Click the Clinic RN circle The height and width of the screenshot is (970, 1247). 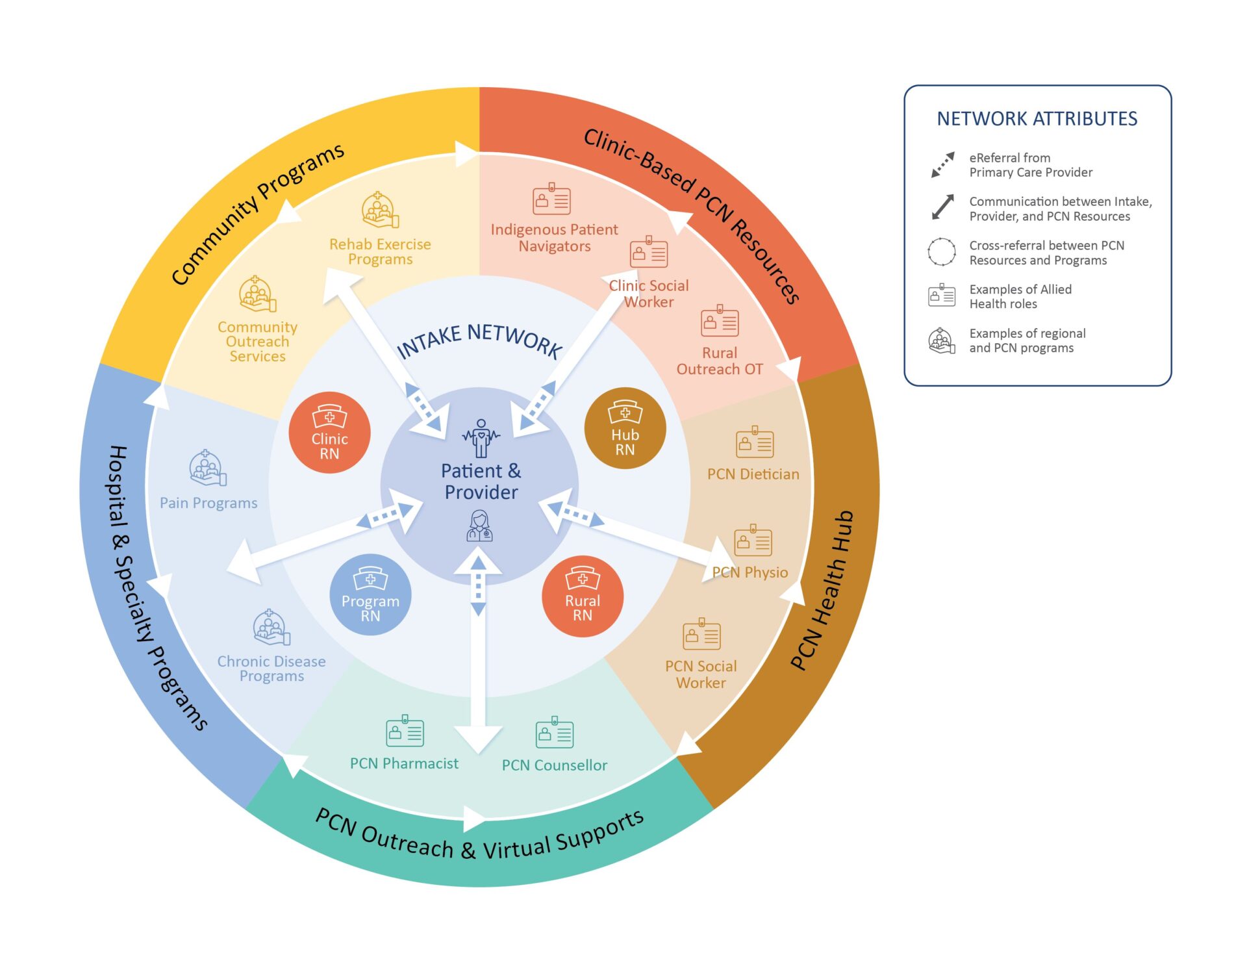point(329,433)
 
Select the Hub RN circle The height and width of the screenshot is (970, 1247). point(625,429)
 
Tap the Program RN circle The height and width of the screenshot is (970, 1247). point(370,594)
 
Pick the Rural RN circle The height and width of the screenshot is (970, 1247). point(582,596)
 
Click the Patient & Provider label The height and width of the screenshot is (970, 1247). point(481,481)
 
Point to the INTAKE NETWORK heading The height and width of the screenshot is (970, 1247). point(479,339)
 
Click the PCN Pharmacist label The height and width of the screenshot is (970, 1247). point(404,763)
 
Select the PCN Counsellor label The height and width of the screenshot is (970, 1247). point(554,765)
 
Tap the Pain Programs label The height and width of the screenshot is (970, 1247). point(208,503)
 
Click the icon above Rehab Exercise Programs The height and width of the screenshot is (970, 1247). point(380,210)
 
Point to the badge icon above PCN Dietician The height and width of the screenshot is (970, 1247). point(754,443)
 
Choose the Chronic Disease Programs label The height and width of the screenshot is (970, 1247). point(271,669)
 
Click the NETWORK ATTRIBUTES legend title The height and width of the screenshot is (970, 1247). point(1037,119)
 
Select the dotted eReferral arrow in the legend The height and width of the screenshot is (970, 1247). point(942,165)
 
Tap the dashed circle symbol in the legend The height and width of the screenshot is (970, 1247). point(941,252)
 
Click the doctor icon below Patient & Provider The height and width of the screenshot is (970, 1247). point(479,526)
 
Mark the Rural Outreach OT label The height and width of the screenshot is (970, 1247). point(720,361)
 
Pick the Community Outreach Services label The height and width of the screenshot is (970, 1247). point(257,342)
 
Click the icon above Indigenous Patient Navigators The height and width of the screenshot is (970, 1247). point(551,199)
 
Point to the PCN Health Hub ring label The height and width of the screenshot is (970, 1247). point(822,590)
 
